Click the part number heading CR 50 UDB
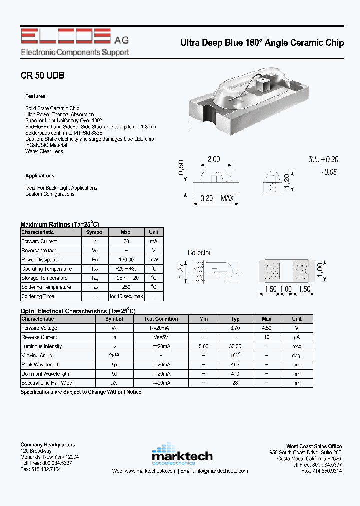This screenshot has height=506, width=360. click(42, 76)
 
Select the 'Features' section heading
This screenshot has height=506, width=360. click(35, 96)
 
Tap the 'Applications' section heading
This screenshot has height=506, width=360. click(40, 176)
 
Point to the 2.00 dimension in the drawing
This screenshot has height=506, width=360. click(213, 159)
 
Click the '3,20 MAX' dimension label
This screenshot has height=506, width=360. click(217, 199)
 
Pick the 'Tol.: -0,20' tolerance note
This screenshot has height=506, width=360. click(323, 160)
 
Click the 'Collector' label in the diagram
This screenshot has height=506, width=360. click(199, 253)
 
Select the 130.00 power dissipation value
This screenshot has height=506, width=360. click(126, 260)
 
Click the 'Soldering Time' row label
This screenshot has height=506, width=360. click(38, 296)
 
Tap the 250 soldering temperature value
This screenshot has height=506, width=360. click(126, 287)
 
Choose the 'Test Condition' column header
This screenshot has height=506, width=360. click(161, 319)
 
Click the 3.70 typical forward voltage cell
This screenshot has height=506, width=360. click(235, 328)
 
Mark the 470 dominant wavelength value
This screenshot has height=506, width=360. click(235, 374)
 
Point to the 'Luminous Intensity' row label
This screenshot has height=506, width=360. click(42, 347)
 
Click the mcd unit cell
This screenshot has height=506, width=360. click(297, 347)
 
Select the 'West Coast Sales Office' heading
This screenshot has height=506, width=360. click(314, 447)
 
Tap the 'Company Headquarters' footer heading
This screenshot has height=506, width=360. click(48, 445)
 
